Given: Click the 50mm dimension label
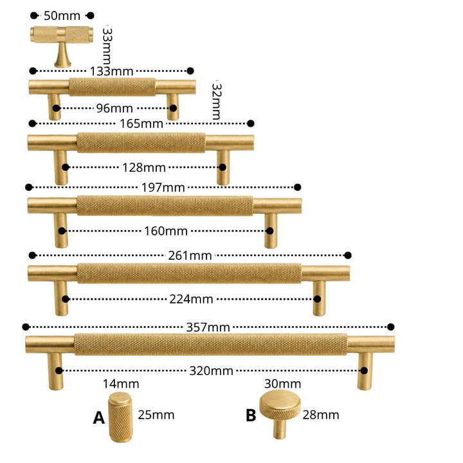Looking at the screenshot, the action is [62, 15].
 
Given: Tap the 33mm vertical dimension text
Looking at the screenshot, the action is [107, 46].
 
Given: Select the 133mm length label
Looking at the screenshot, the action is [112, 71].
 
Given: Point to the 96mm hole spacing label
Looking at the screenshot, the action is [114, 109].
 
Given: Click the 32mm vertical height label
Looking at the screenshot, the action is [217, 102].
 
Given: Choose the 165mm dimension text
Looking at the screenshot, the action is [141, 123].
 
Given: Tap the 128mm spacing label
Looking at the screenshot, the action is [144, 168].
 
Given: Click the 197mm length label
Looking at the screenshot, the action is [163, 188].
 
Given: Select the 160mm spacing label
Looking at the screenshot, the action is [166, 231].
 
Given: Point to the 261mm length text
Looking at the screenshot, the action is [190, 256].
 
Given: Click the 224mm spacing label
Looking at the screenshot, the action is [191, 300].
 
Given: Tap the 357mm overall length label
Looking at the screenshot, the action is [208, 327].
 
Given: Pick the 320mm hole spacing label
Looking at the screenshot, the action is [212, 371].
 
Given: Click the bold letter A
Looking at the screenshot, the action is [99, 418].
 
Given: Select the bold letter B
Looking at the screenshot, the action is [251, 415].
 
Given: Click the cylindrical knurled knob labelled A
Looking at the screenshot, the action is [120, 417].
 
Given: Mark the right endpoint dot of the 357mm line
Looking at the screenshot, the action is [391, 327].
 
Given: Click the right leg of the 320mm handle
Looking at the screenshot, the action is [365, 371].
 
